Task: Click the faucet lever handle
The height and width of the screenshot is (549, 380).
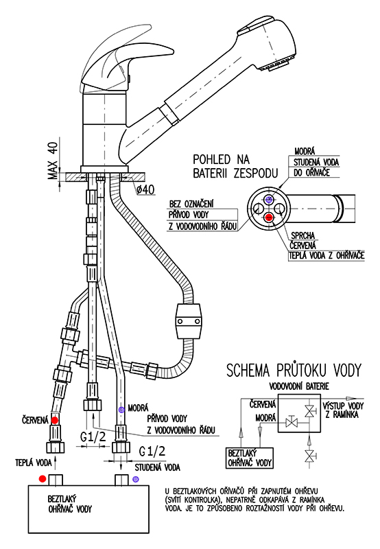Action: pyautogui.click(x=115, y=60)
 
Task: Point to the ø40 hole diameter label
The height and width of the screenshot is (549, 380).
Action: pyautogui.click(x=145, y=189)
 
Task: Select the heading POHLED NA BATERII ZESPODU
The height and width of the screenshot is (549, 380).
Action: pyautogui.click(x=235, y=166)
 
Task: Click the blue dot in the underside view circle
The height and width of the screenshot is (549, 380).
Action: pyautogui.click(x=269, y=200)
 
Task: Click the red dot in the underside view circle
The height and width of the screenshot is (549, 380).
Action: pyautogui.click(x=269, y=218)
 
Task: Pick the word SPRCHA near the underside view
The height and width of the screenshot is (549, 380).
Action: pyautogui.click(x=303, y=235)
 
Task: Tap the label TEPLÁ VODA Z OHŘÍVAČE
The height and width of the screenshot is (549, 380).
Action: pyautogui.click(x=326, y=255)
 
